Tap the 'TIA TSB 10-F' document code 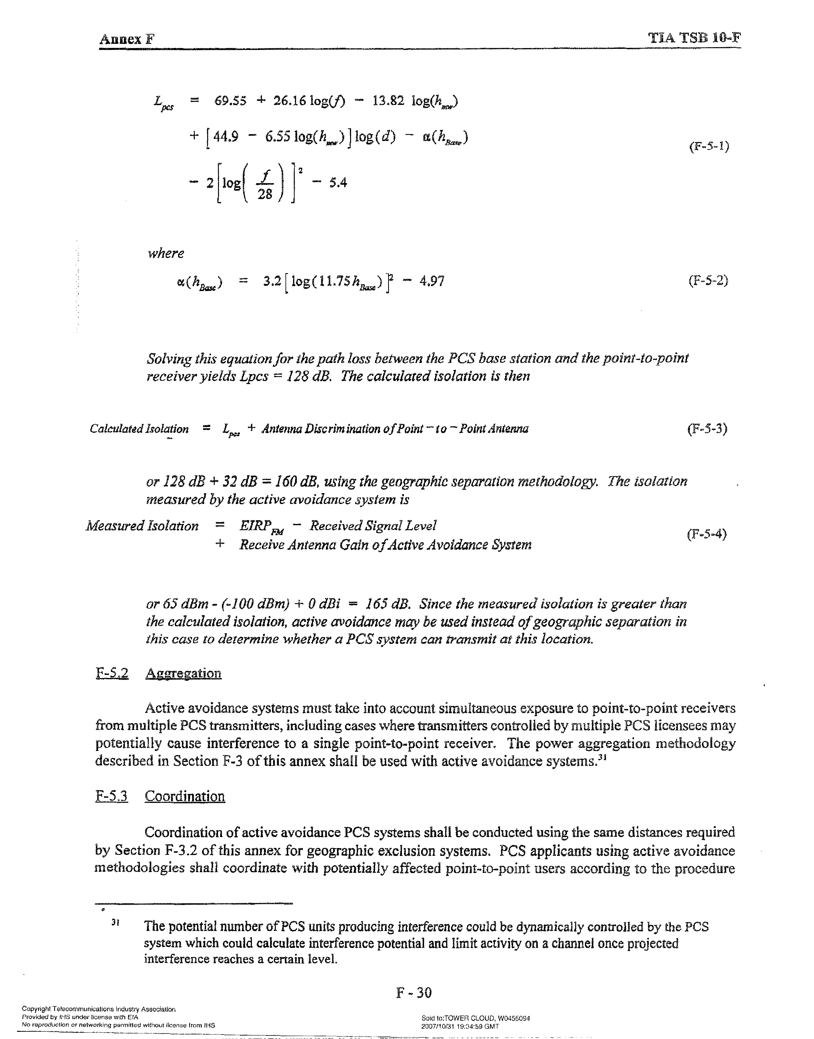point(694,38)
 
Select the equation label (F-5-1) point(709,146)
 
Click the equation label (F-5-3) point(707,429)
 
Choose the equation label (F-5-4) point(707,534)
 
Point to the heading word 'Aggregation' point(184,673)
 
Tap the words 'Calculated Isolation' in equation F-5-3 point(139,429)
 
